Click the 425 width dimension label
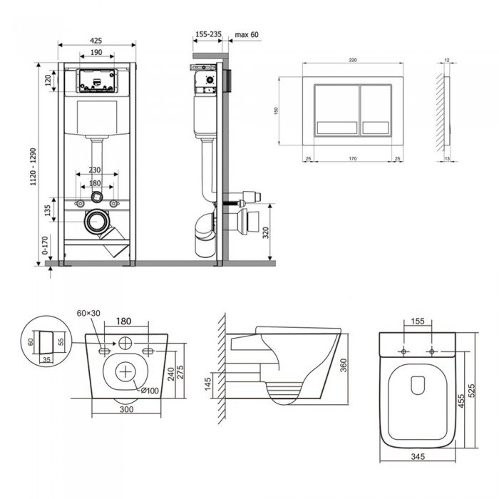(x=98, y=39)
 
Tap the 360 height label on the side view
(x=343, y=365)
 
